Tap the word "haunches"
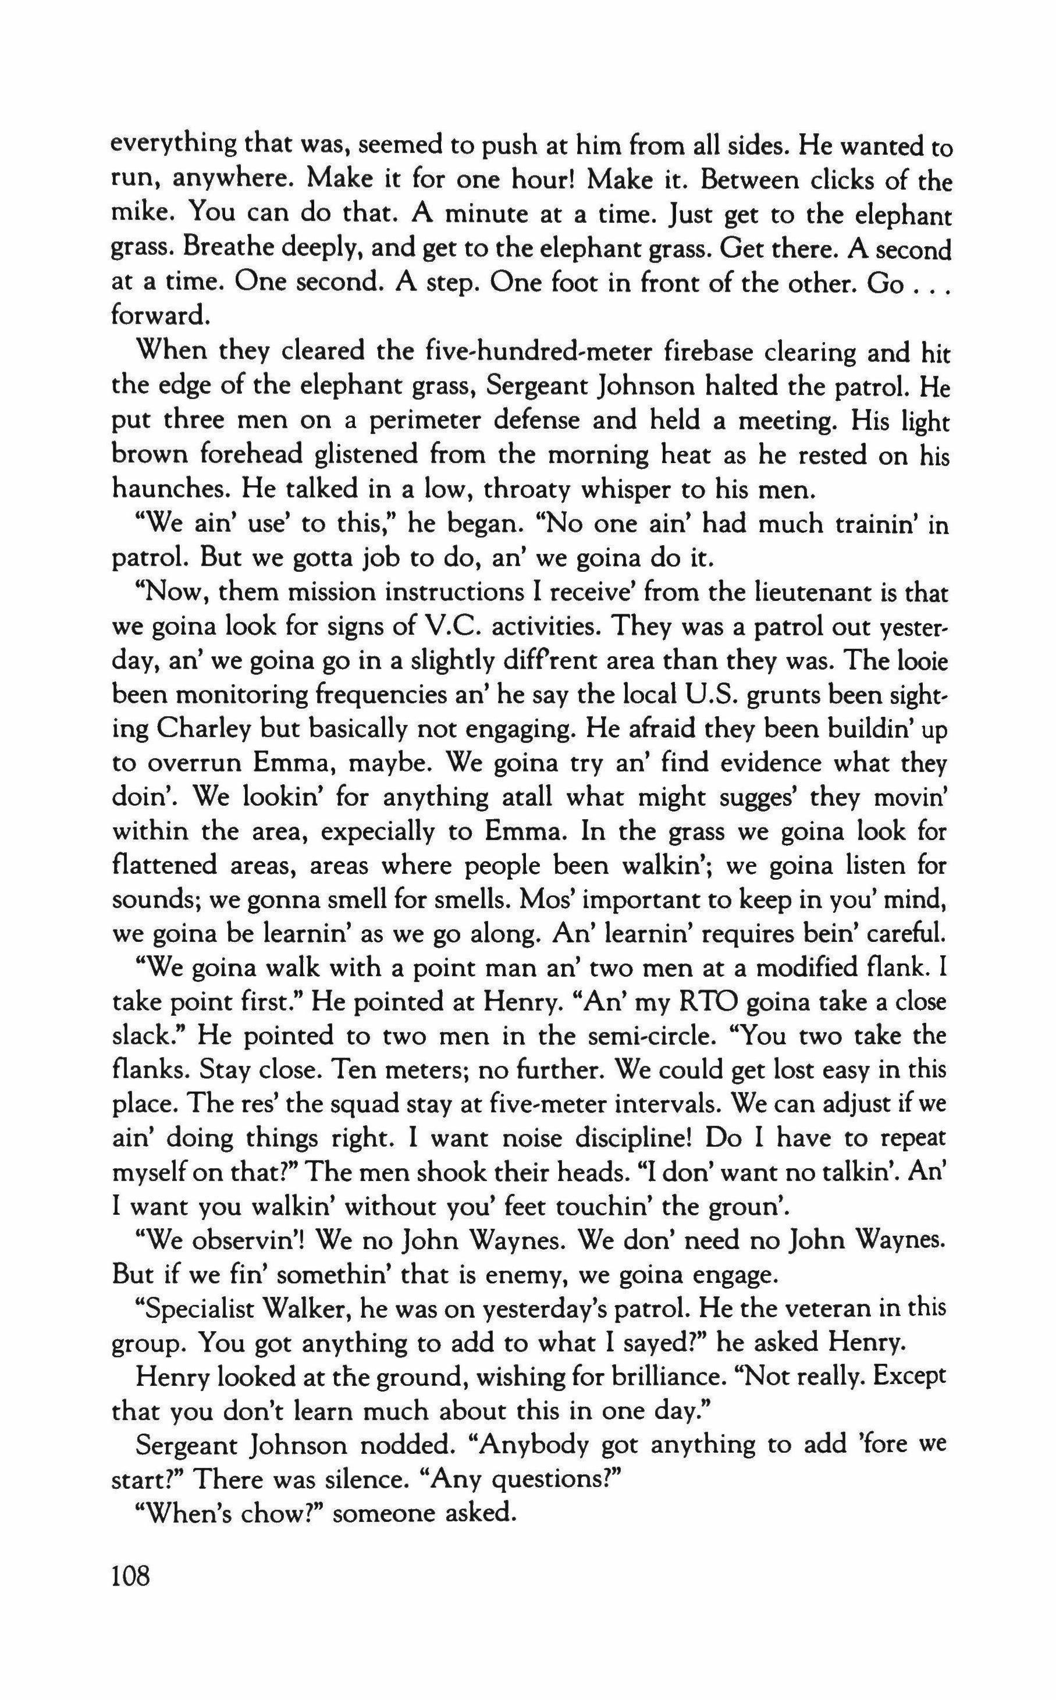click(170, 488)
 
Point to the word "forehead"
click(252, 454)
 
